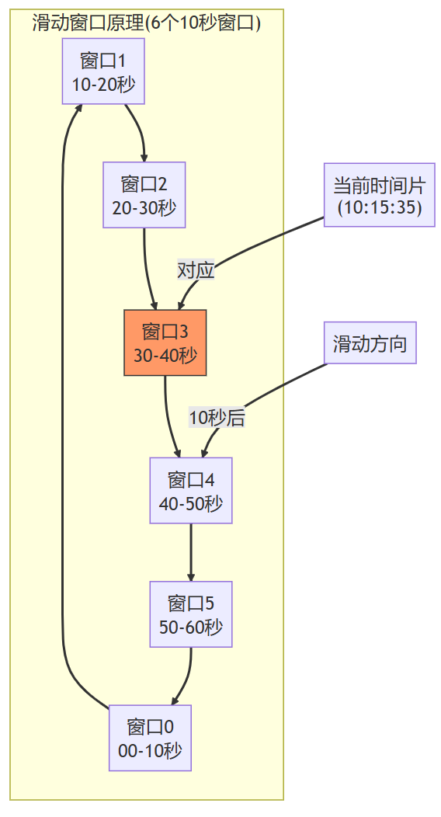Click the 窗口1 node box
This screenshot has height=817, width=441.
coord(103,71)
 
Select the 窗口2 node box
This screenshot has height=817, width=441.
coord(144,195)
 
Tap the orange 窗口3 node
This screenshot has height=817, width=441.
coord(165,342)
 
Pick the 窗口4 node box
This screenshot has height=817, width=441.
coord(190,490)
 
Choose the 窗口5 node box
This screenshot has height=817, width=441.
coord(190,614)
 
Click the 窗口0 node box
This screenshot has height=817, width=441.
coord(150,738)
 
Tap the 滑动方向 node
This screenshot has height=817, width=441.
coord(370,343)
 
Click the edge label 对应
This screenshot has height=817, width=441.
coord(196,270)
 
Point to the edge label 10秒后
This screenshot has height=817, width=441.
coord(217,418)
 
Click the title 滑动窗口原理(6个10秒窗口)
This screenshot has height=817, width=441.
coord(147,23)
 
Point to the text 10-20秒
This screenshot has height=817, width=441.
coord(103,84)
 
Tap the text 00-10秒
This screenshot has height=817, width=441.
coord(150,750)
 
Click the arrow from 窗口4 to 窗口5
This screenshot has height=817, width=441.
coord(190,553)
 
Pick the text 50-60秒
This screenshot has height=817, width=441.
coord(190,627)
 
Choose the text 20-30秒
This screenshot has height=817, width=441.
coord(144,207)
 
